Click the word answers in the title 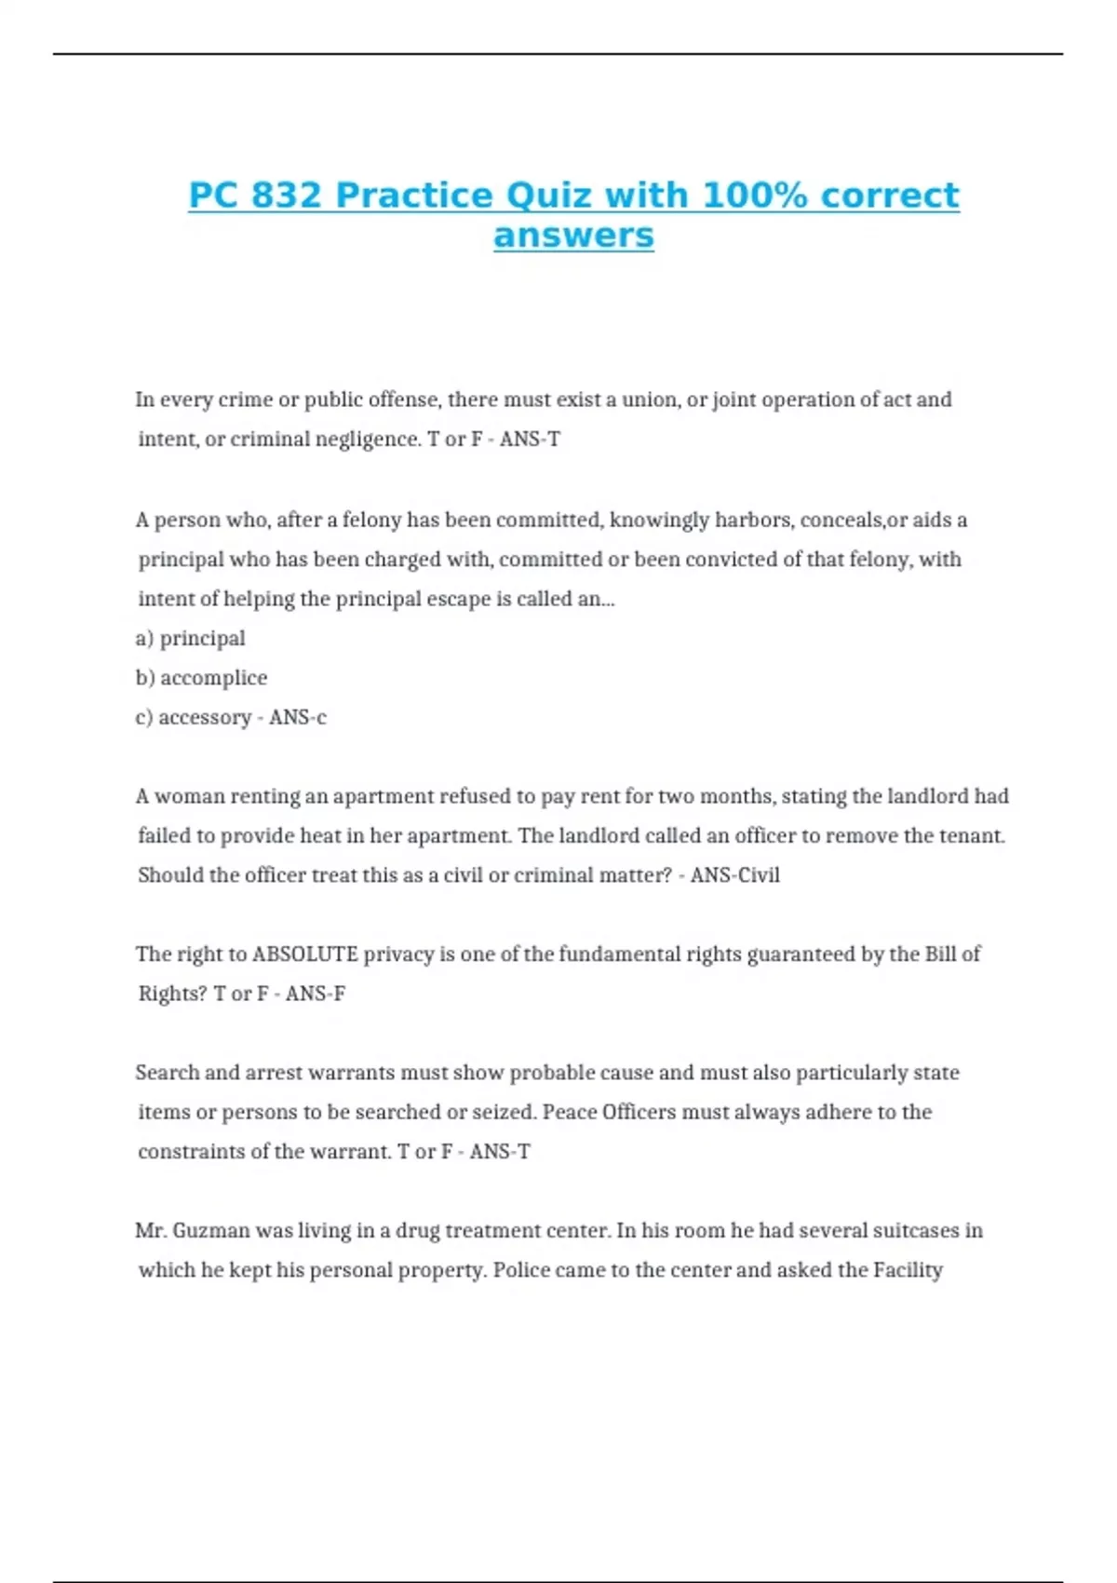click(x=573, y=236)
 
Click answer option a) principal click(x=191, y=639)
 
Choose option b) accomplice click(x=201, y=678)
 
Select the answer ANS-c click(x=298, y=717)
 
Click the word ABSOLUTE click(x=305, y=954)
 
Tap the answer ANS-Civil click(x=734, y=875)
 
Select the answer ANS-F click(x=316, y=994)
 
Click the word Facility click(x=908, y=1270)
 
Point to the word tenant click(x=974, y=836)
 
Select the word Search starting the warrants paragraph click(x=167, y=1073)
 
